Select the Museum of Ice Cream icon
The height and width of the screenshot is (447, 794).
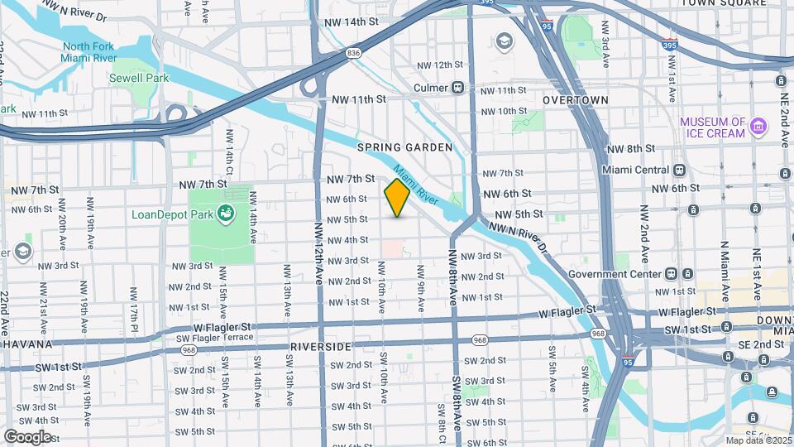click(x=758, y=128)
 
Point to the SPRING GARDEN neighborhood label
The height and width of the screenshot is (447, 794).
click(x=404, y=147)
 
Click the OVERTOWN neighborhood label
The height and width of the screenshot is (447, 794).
click(x=575, y=100)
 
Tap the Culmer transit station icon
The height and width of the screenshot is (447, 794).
click(x=457, y=88)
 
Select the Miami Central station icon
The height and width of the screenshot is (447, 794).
click(x=680, y=170)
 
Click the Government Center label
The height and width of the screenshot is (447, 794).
click(x=614, y=274)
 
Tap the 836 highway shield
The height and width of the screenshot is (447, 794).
click(x=354, y=54)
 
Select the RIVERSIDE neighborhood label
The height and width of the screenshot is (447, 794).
click(x=322, y=346)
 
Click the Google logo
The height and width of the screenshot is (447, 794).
click(x=27, y=436)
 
